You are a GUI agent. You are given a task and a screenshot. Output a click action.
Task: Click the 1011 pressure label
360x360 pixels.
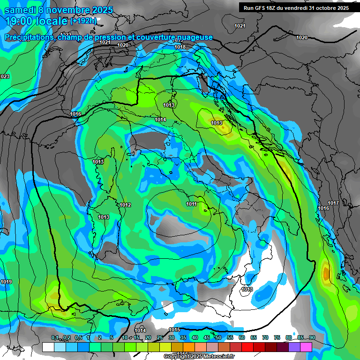[191, 204]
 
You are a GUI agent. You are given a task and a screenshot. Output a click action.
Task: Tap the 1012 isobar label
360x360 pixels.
[125, 205]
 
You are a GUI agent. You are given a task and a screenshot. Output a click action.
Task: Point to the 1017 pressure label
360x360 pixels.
[333, 203]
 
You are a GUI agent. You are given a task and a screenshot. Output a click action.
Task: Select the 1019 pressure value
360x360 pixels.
[6, 282]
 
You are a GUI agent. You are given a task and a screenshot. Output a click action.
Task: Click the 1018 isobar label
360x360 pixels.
[180, 47]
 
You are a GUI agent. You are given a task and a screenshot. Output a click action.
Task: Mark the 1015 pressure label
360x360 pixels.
[174, 330]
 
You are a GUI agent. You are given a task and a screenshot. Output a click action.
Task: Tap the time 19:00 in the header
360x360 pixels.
[20, 21]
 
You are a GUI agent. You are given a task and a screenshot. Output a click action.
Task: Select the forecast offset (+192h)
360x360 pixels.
[83, 21]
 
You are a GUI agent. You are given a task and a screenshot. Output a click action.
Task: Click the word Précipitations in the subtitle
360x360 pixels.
[29, 37]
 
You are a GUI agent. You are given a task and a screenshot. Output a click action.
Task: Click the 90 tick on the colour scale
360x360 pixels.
[312, 338]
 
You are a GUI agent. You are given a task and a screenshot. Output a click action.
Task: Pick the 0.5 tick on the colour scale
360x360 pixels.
[78, 338]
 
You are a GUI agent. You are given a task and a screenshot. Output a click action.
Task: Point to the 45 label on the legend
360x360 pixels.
[207, 338]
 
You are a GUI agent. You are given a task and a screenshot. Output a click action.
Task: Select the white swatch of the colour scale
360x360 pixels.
[48, 347]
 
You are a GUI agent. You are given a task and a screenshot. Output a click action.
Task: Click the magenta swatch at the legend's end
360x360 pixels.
[307, 347]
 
